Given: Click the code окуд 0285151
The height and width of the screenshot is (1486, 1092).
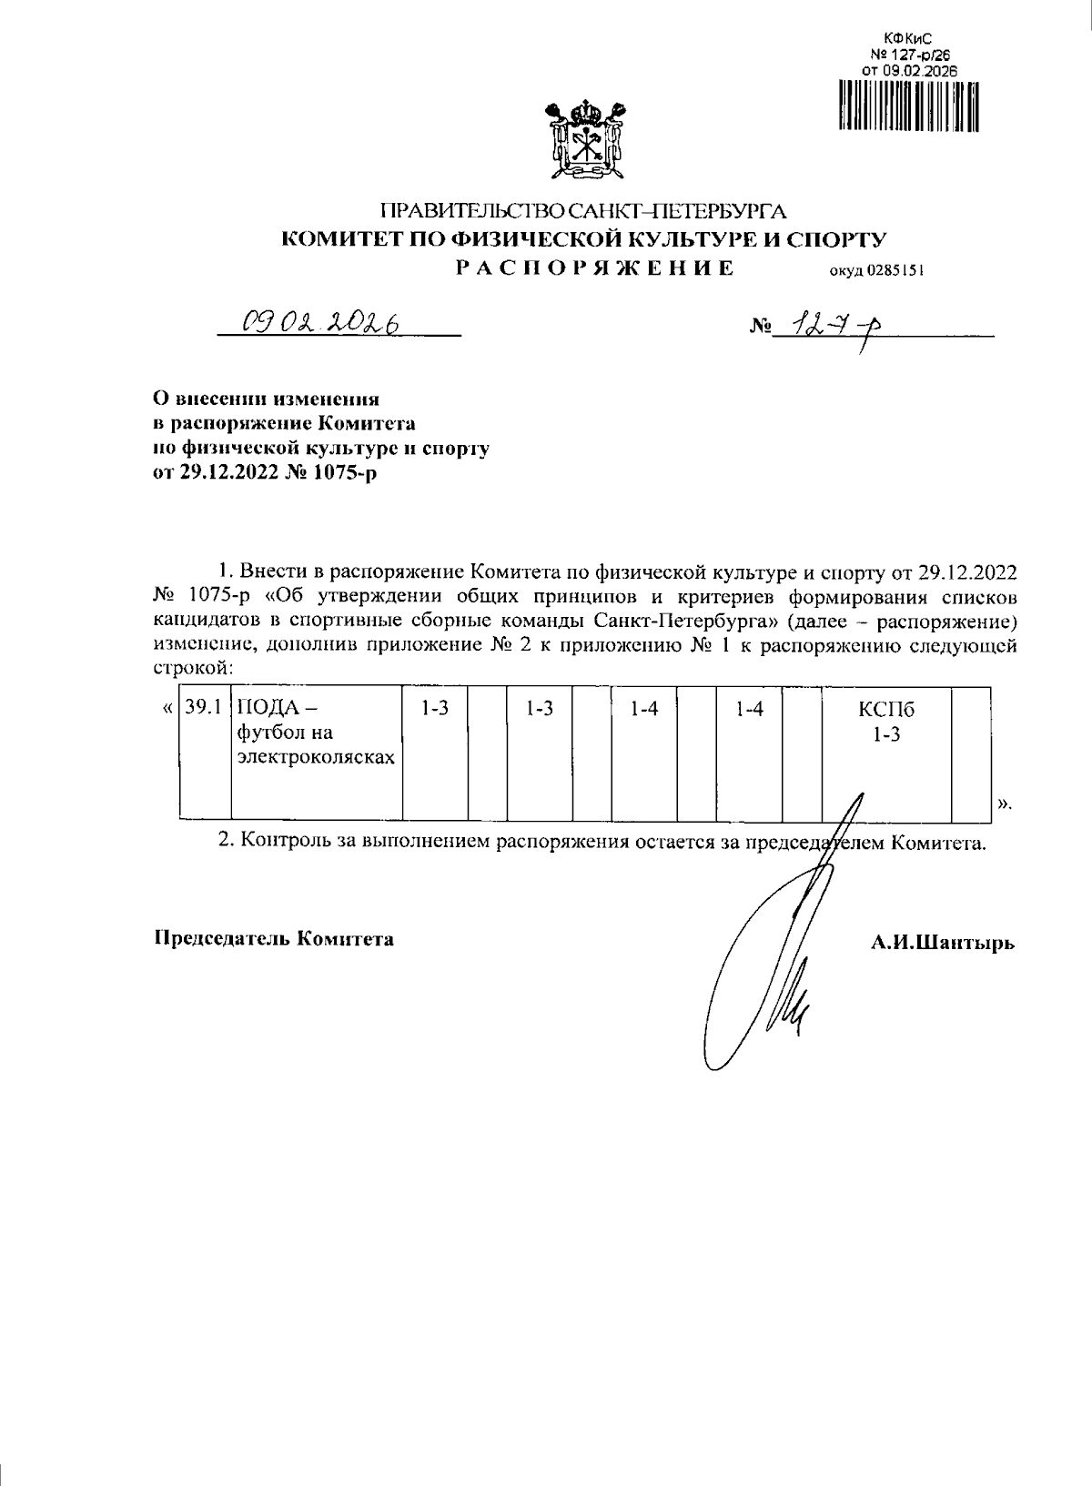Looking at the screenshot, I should pos(875,269).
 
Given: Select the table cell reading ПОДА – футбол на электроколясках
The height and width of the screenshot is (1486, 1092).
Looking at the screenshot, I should pos(316,733).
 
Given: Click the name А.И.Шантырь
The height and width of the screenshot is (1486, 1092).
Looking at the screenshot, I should pos(942,943).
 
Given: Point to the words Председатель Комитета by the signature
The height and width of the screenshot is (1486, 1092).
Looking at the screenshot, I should pos(273,938).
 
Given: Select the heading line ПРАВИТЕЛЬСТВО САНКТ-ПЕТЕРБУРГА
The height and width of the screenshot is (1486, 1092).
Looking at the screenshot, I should pos(582,212).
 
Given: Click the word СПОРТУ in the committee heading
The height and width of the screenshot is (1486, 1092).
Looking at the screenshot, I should pos(834,239).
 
